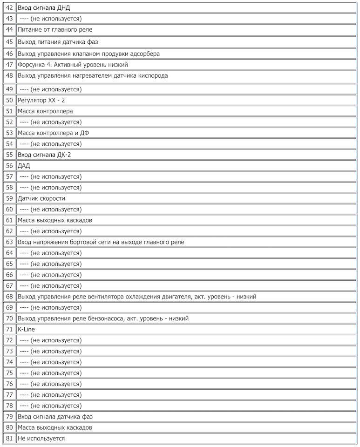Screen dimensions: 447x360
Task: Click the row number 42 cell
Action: coord(9,8)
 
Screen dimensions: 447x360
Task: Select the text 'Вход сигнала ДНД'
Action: coord(44,8)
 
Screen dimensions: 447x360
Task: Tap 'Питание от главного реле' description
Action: coord(55,30)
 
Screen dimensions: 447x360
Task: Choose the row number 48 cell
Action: coord(9,75)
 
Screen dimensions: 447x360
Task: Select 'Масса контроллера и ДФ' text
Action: coord(53,133)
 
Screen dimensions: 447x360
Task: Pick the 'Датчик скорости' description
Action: coord(41,198)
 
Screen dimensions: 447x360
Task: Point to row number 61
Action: coord(9,220)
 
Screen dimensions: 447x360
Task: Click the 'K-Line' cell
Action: coord(26,329)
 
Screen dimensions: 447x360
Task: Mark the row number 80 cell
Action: coord(9,427)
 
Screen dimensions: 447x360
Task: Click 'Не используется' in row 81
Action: coord(41,438)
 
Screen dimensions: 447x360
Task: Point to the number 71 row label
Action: coord(9,329)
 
